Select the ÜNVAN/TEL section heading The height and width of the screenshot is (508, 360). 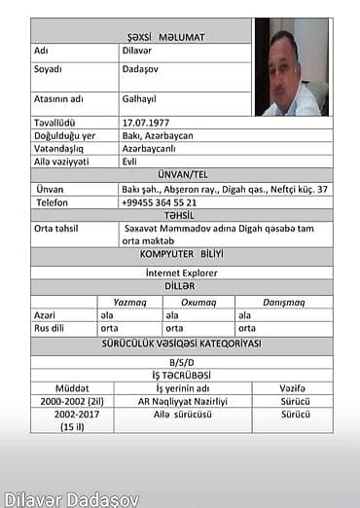(181, 174)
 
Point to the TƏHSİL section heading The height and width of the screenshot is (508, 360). (181, 214)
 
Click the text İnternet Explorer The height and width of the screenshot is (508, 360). (181, 272)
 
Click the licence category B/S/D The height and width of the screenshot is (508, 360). (181, 360)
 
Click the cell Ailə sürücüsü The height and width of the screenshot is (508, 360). (182, 414)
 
